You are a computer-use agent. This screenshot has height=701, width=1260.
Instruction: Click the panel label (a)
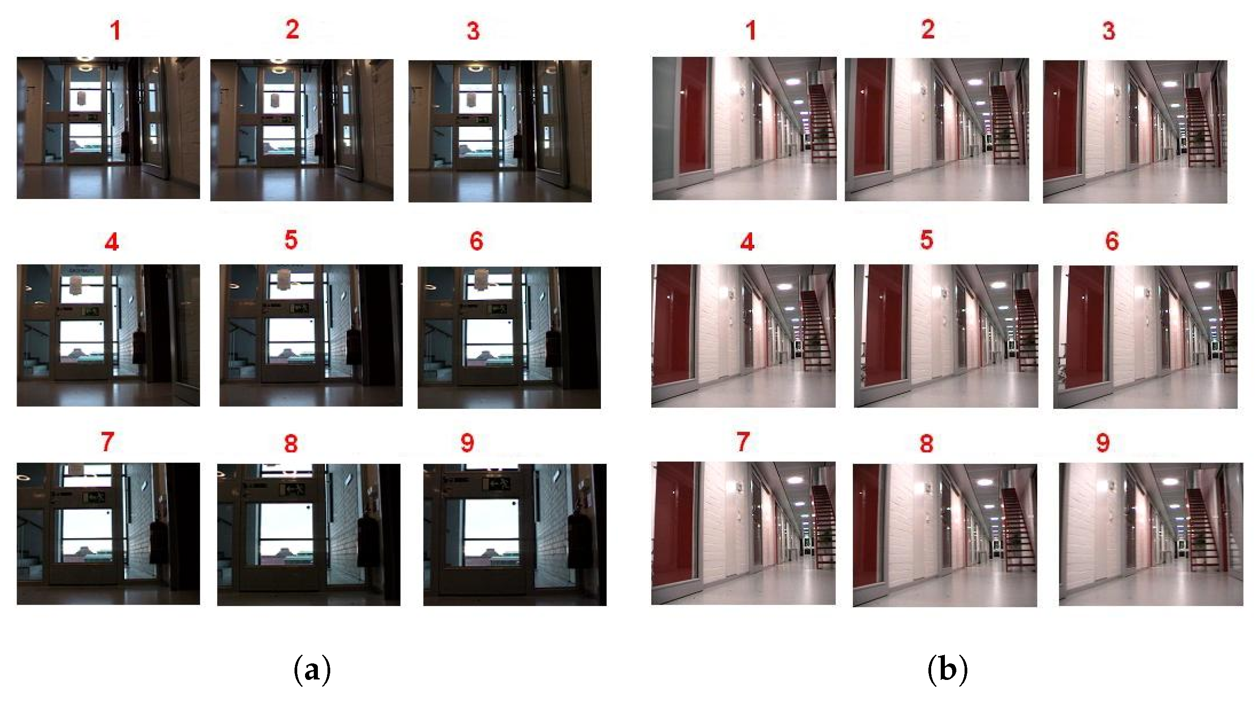(312, 670)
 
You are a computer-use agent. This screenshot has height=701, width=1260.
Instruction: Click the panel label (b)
(947, 670)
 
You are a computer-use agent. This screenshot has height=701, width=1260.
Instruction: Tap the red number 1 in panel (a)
(115, 30)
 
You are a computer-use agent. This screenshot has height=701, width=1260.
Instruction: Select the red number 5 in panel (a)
(291, 240)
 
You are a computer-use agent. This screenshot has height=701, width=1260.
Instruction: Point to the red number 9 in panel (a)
(467, 442)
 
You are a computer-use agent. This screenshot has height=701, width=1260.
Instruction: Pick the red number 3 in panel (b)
(1109, 31)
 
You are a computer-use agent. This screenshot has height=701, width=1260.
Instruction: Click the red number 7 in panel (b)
(743, 442)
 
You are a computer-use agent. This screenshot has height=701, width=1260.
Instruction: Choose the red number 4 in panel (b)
(747, 242)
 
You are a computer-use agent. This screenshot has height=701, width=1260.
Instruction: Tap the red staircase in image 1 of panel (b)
(823, 122)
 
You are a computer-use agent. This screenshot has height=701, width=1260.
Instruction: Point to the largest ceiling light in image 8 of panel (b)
(986, 482)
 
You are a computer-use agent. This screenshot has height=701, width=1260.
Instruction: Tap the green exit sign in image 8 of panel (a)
(293, 488)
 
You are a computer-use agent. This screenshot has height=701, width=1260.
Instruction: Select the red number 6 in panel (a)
(476, 241)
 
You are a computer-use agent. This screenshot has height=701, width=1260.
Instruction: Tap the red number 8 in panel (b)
(927, 443)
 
